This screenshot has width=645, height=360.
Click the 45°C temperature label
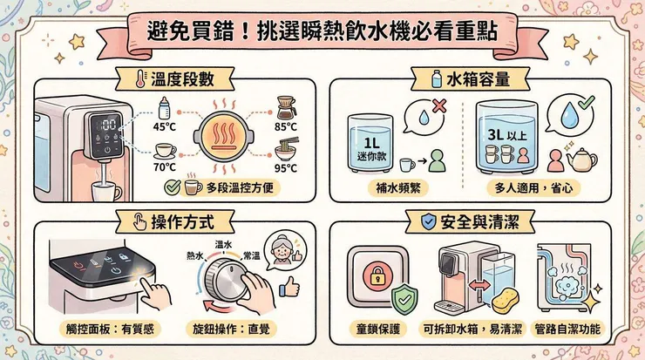click(x=165, y=126)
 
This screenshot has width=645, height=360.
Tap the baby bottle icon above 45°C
click(x=164, y=107)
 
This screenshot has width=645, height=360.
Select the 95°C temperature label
click(x=286, y=168)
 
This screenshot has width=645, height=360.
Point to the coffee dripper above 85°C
click(x=286, y=107)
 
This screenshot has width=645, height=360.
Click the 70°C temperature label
click(x=165, y=167)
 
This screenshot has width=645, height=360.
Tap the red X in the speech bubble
click(x=439, y=105)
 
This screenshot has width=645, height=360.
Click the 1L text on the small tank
click(x=371, y=143)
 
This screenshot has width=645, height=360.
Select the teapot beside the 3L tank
click(x=581, y=160)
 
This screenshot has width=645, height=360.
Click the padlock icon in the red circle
click(x=377, y=277)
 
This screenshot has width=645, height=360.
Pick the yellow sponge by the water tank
click(x=506, y=301)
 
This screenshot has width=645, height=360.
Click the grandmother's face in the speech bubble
click(x=283, y=249)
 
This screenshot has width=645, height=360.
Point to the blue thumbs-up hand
click(x=289, y=287)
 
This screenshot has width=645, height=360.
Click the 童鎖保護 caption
click(x=377, y=329)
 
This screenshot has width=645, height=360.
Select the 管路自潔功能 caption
click(x=567, y=329)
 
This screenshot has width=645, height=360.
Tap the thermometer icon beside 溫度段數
click(x=141, y=78)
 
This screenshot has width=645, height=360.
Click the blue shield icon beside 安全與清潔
click(x=429, y=221)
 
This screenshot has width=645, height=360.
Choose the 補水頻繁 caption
click(x=397, y=188)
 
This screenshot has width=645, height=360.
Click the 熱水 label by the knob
click(x=195, y=256)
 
